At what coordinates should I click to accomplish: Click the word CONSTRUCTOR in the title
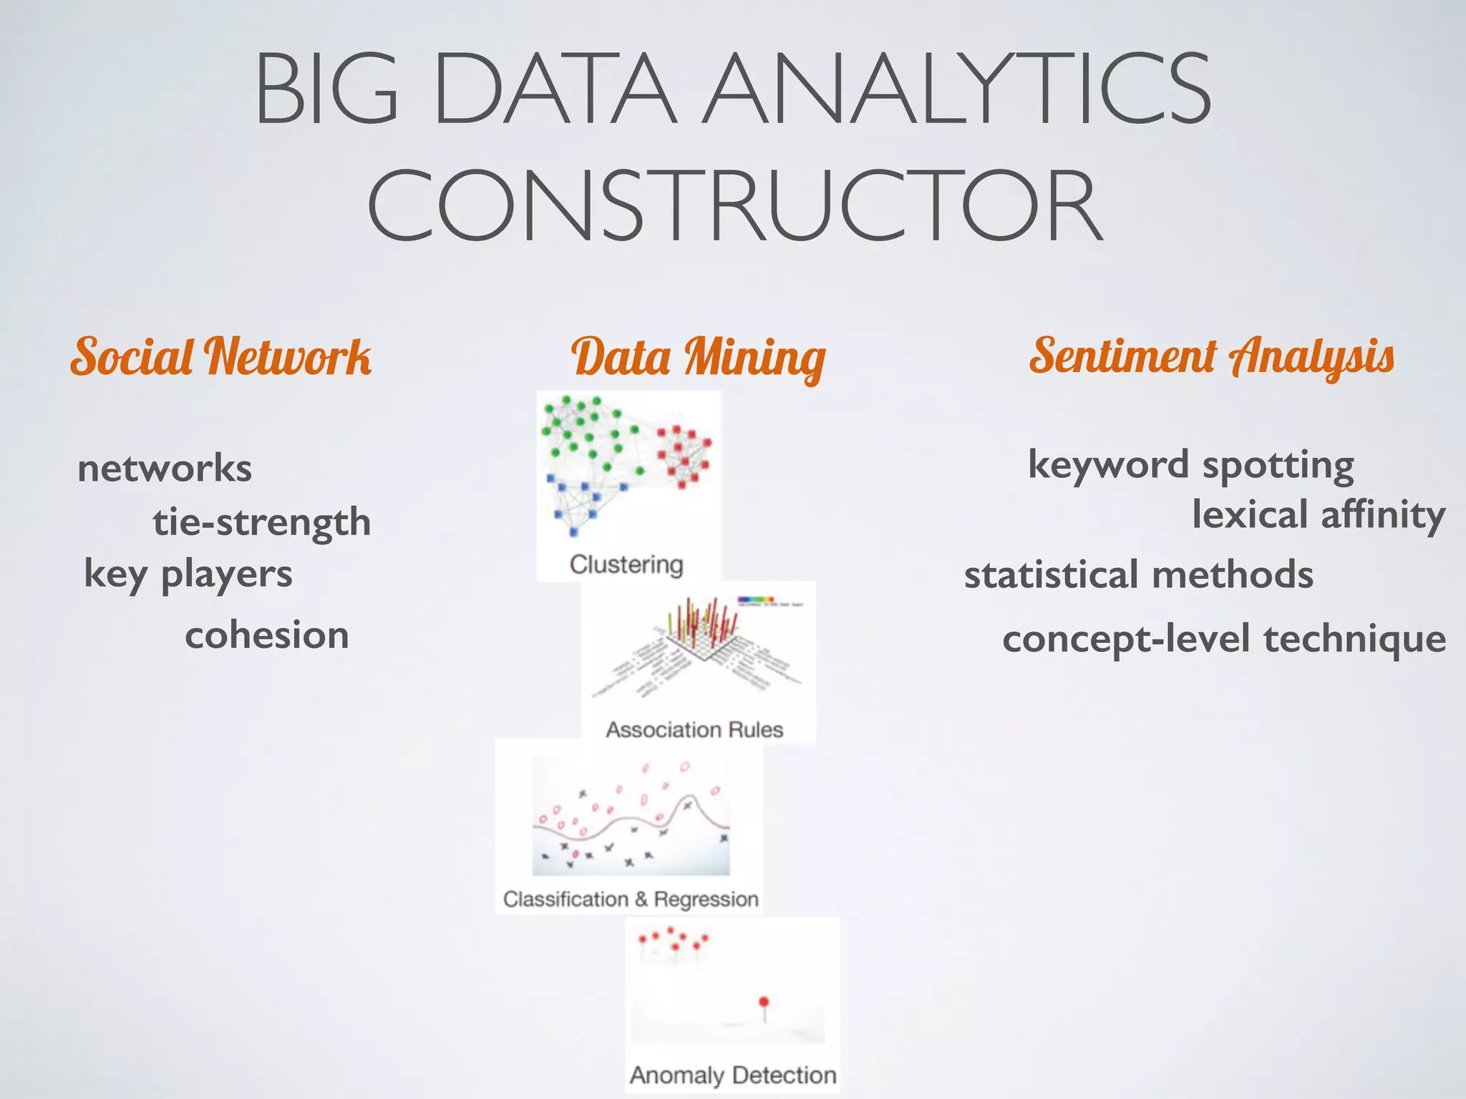point(734,205)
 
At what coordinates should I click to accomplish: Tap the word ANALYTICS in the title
point(956,90)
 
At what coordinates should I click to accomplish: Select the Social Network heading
point(220,356)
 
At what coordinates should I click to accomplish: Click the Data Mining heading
point(698,358)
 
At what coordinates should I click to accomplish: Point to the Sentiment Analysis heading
point(1211,356)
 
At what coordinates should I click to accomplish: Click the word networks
point(165,469)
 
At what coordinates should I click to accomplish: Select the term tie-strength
point(262,522)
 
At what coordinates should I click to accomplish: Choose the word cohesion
point(267,635)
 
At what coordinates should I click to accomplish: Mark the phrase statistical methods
point(1139,575)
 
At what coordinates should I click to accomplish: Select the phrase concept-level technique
point(1224,639)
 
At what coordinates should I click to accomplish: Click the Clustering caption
point(626,565)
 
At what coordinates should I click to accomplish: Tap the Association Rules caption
point(694,730)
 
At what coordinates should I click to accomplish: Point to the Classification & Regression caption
point(631,899)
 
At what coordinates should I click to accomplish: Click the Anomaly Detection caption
point(733,1075)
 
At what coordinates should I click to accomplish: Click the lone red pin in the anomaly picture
point(764,1002)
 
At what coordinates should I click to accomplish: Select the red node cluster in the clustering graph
point(684,455)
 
